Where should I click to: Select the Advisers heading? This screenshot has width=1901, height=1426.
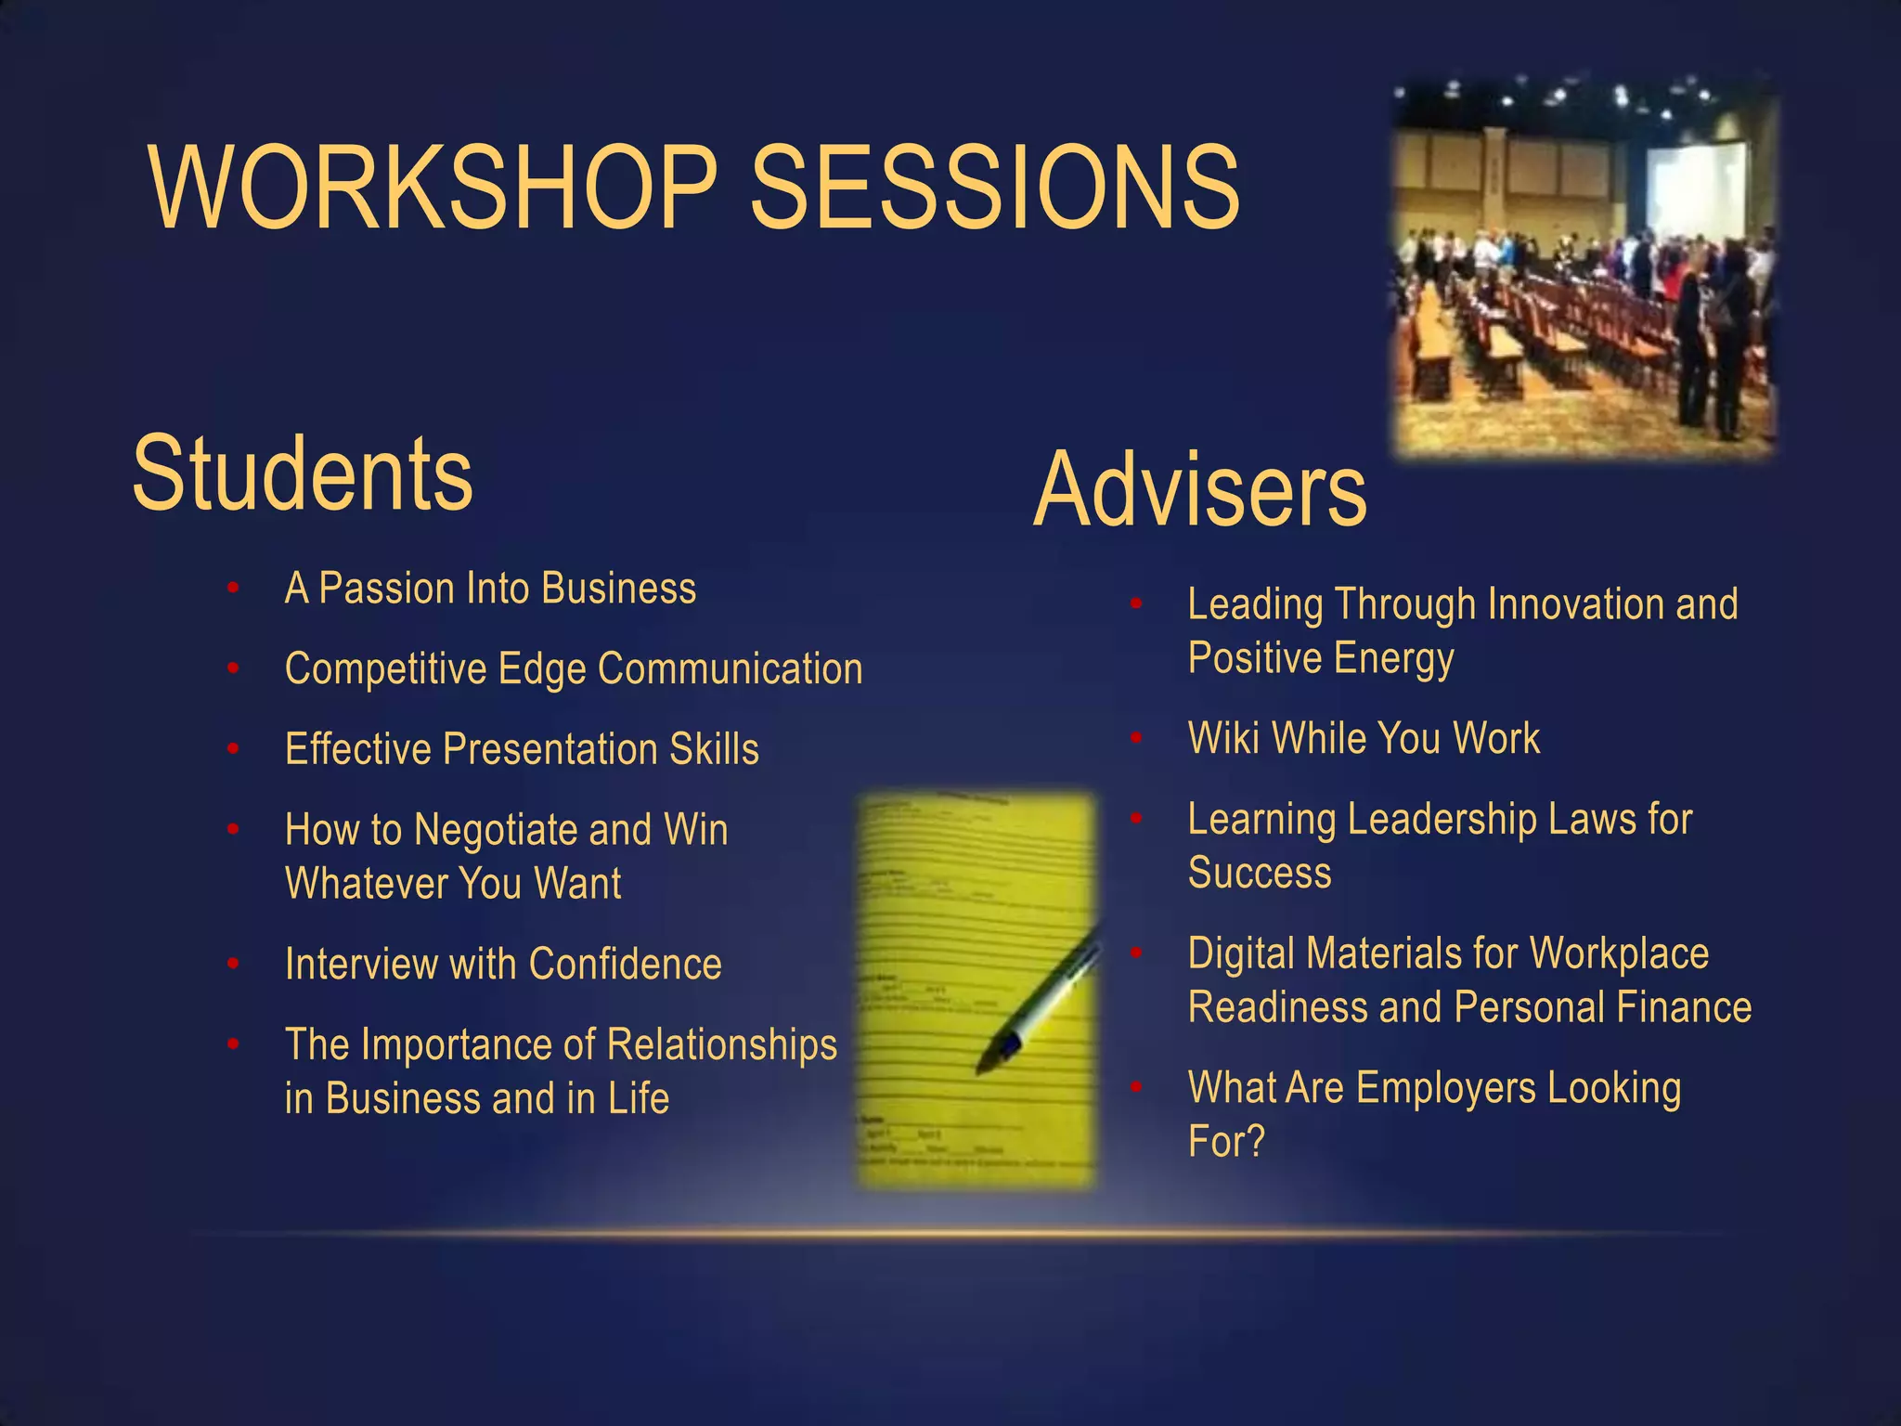1199,490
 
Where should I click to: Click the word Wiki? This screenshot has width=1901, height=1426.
1223,739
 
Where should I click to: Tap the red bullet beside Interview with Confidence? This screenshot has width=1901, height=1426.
233,965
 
